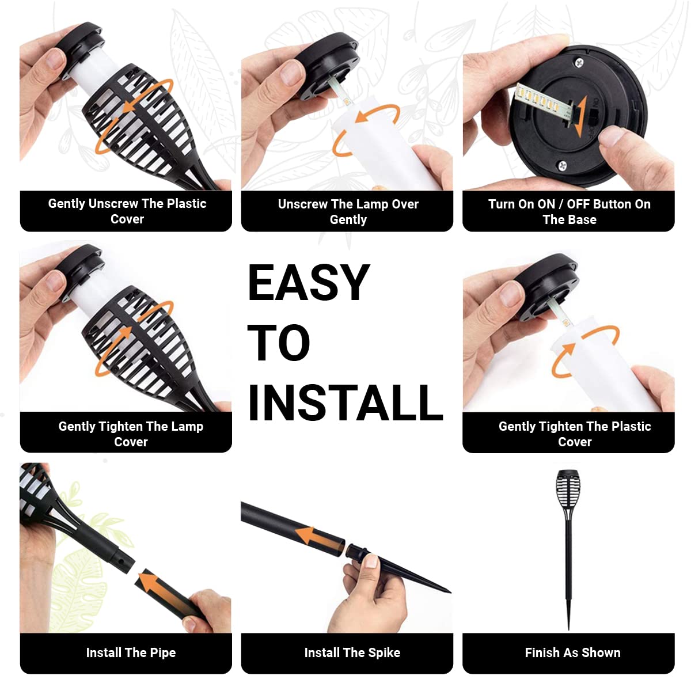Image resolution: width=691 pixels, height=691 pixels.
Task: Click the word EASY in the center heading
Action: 309,282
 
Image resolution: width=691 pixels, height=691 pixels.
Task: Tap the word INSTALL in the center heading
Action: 345,403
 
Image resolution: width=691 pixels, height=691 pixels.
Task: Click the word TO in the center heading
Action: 279,342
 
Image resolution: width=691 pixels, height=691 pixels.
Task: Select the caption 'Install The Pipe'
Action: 131,652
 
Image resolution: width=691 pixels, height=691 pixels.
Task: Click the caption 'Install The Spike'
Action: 352,652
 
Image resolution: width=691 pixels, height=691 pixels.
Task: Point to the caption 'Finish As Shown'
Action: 572,652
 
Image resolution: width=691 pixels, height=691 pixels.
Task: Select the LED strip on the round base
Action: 541,103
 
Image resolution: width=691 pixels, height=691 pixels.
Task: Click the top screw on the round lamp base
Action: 579,63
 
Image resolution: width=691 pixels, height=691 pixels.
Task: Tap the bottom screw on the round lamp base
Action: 562,165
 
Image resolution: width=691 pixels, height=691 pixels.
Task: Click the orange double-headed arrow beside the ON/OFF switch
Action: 580,116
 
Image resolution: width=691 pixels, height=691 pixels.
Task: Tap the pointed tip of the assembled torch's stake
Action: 568,629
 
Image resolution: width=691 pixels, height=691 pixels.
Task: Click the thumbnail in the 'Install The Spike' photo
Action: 370,561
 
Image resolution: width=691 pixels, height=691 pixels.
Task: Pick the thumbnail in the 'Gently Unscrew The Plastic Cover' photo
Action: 55,59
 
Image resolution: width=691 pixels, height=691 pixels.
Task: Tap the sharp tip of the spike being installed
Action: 450,592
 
